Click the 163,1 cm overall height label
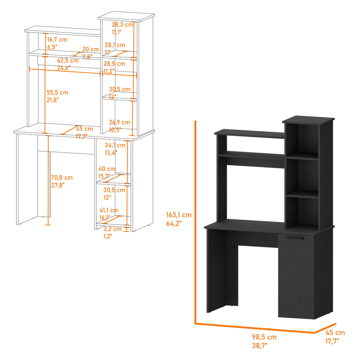click(179, 215)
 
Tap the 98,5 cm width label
click(264, 337)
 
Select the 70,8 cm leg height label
click(62, 178)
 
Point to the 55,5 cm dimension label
click(57, 93)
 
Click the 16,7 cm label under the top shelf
click(57, 40)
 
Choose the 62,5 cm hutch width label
click(68, 61)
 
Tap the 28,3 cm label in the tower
click(122, 25)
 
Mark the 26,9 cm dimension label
click(119, 122)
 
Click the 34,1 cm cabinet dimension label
click(115, 145)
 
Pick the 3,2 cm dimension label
click(113, 229)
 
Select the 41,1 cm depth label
click(109, 210)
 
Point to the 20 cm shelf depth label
click(90, 49)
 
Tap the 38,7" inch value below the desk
click(260, 345)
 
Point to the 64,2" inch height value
click(173, 224)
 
